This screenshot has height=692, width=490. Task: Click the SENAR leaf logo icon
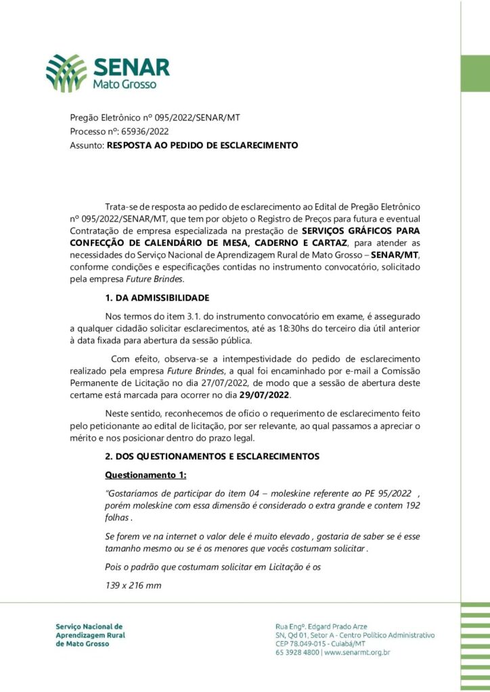click(x=66, y=73)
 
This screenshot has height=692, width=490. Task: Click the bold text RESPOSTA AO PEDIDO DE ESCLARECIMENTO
click(x=202, y=145)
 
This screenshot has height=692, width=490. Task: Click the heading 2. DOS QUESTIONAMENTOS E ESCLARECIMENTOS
click(x=212, y=458)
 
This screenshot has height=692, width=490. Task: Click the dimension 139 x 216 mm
click(x=133, y=585)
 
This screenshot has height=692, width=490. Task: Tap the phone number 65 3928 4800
click(x=298, y=652)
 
